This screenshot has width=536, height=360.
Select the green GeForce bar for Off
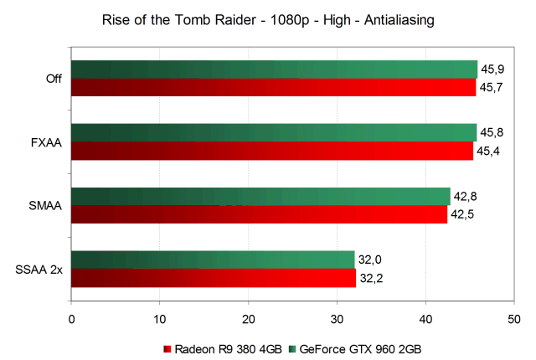[x=274, y=69]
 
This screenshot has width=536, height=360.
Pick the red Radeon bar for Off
[x=273, y=87]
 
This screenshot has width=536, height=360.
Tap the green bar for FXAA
[x=274, y=132]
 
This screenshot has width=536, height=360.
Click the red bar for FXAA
[x=272, y=151]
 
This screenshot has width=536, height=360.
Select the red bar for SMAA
[x=260, y=214]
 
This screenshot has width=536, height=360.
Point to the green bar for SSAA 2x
[x=213, y=260]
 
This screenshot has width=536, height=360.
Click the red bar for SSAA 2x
[x=214, y=278]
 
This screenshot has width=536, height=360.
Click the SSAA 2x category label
[x=38, y=270]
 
